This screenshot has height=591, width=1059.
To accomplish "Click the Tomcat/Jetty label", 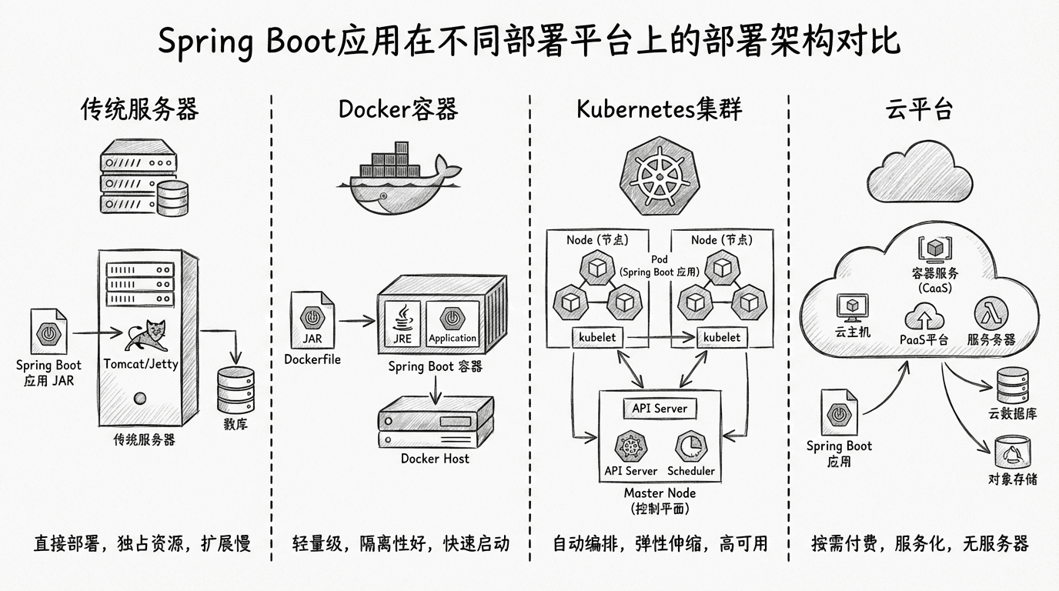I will tap(141, 363).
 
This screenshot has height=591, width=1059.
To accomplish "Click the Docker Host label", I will tap(435, 459).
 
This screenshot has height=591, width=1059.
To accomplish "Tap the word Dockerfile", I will tap(312, 359).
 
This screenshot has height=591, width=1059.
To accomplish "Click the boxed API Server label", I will tap(660, 409).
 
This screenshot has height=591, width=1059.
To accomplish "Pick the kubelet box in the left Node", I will tap(598, 337).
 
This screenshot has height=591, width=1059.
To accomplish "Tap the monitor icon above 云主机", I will tap(852, 309).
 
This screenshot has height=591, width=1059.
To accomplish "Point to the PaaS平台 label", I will tap(924, 339).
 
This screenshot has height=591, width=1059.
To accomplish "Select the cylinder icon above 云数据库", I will tap(1011, 385).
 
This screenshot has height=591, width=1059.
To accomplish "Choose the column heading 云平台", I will tap(919, 109).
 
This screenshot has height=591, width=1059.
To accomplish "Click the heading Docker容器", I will tap(398, 109).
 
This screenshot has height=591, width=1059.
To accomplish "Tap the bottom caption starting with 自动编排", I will tap(660, 544).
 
